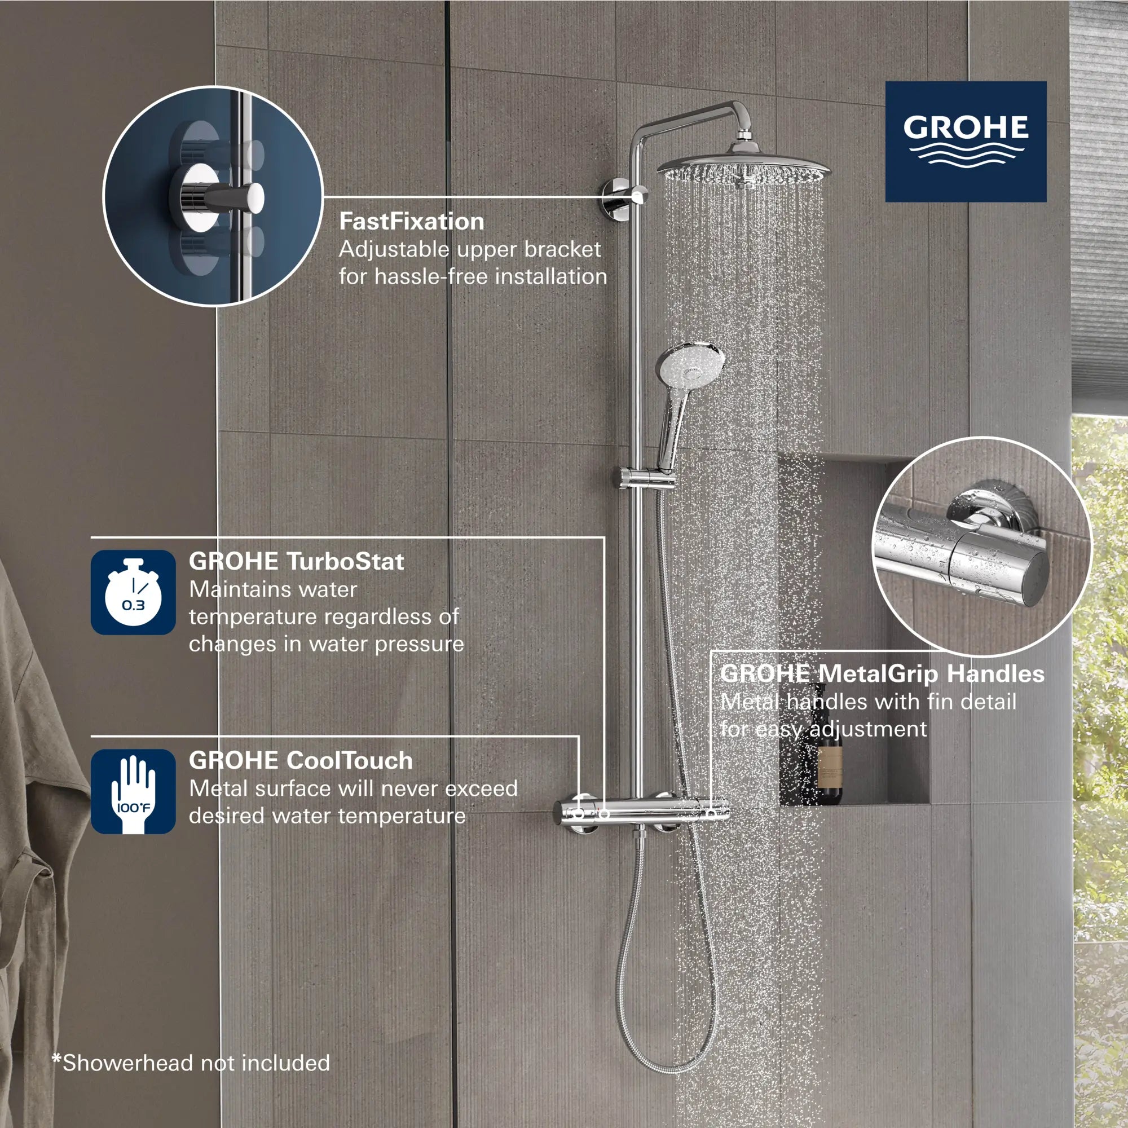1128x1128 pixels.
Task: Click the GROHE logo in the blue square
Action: click(x=966, y=142)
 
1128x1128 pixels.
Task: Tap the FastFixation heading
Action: click(x=412, y=222)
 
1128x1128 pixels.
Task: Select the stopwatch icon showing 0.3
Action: click(x=133, y=593)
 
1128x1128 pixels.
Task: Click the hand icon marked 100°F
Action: click(x=133, y=792)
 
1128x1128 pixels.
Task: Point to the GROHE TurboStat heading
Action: click(x=296, y=562)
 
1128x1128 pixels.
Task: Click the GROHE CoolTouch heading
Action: click(x=301, y=761)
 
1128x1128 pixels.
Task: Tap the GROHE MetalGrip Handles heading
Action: click(x=882, y=674)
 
